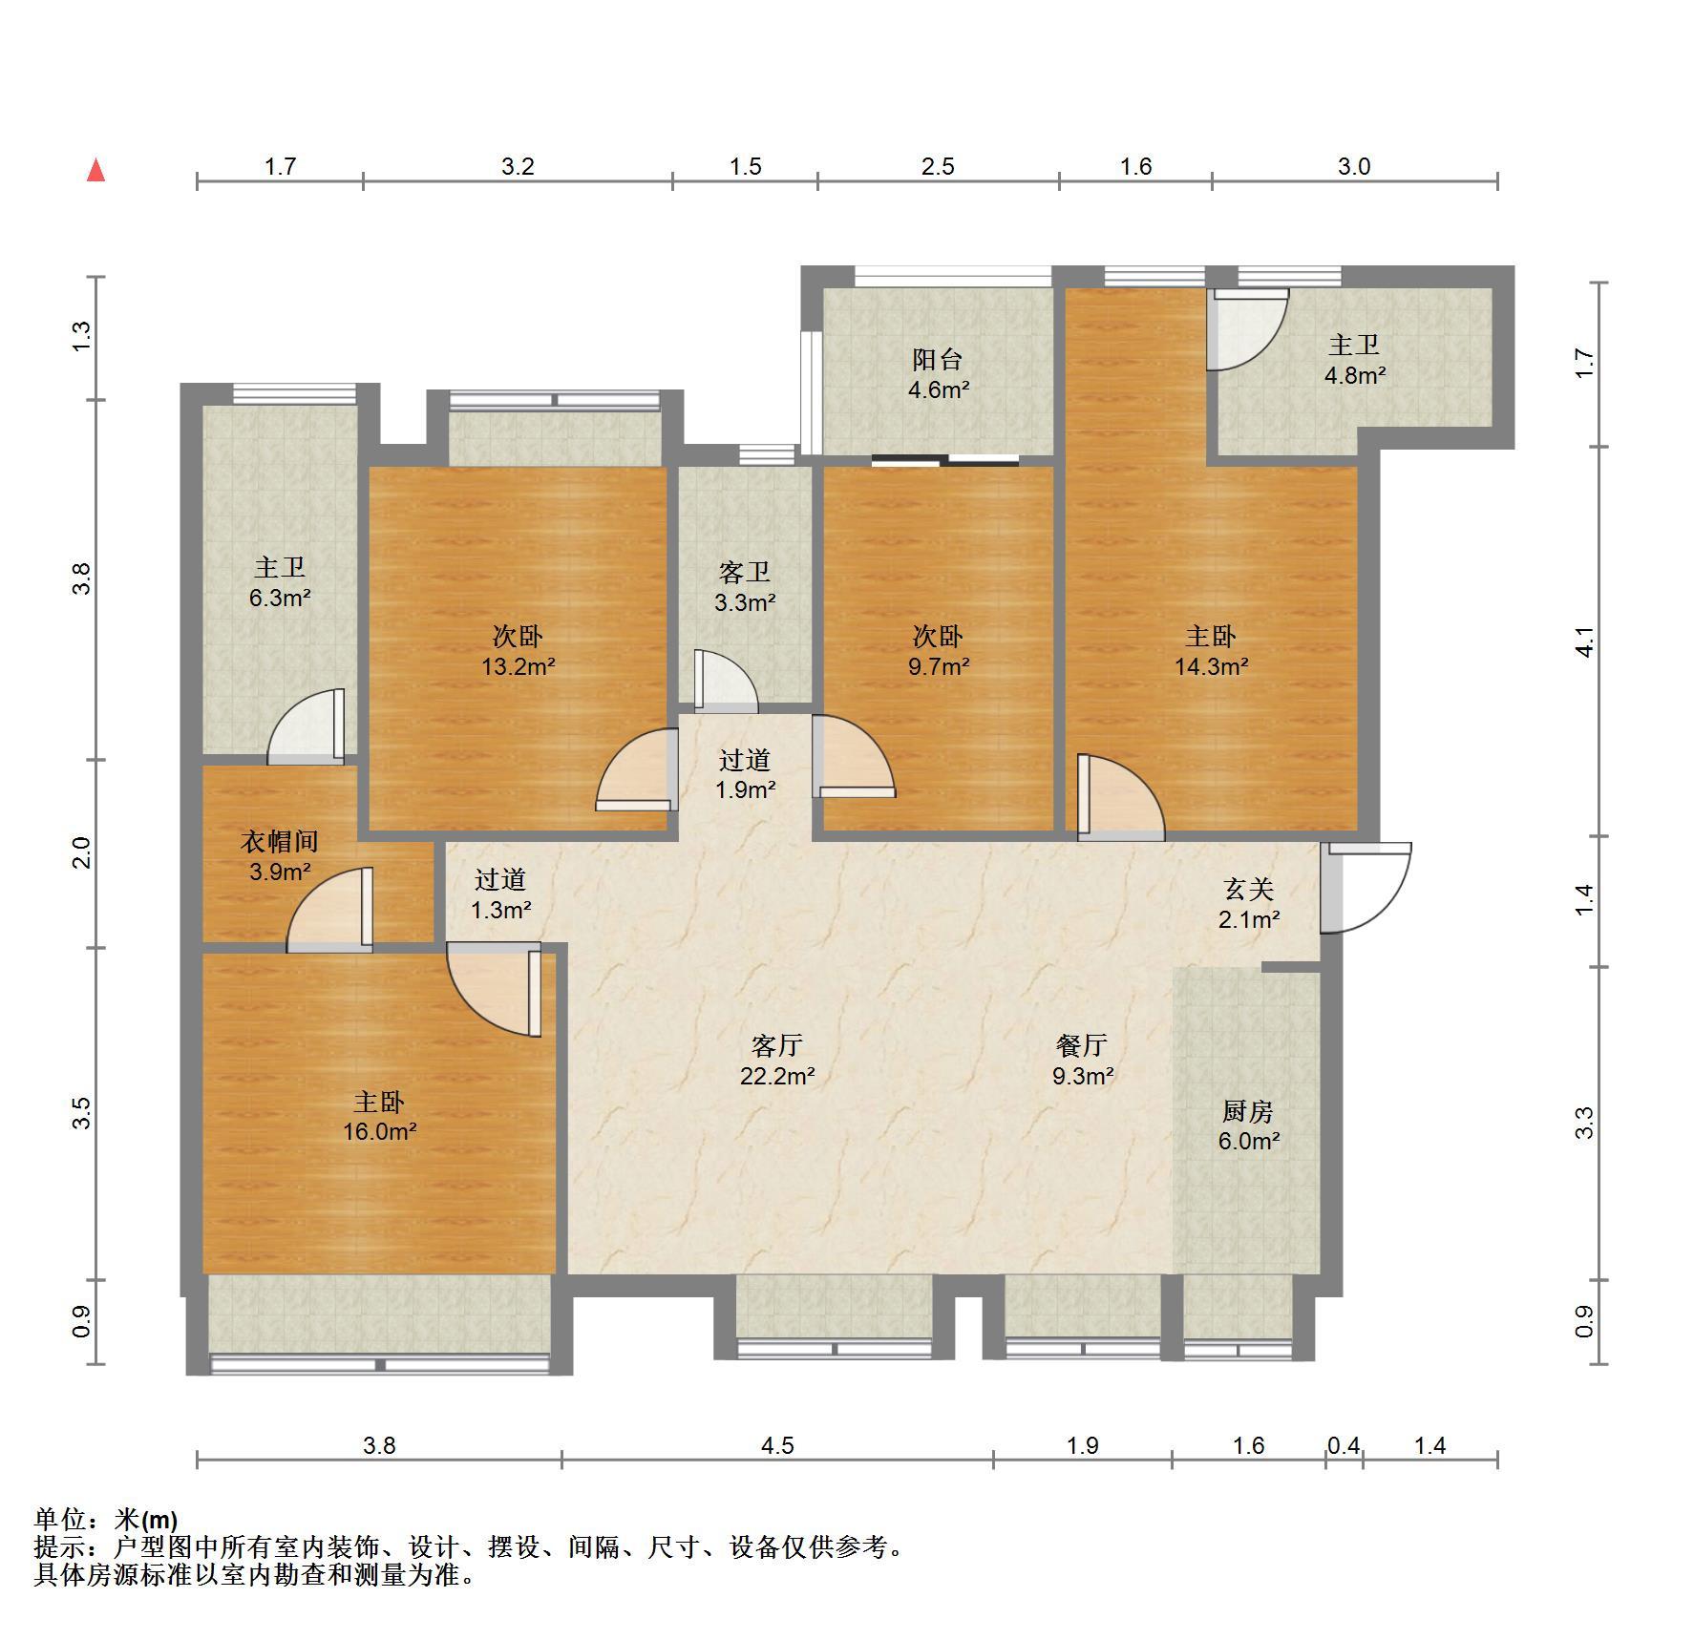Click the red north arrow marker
tap(95, 171)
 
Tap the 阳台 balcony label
tap(938, 359)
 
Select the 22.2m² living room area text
tap(777, 1076)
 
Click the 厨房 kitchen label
tap(1248, 1111)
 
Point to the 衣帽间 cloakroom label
tap(279, 841)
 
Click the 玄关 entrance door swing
tap(1366, 887)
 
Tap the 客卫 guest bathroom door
tap(726, 682)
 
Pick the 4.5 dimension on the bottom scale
tap(777, 1446)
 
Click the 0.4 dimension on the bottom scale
tap(1343, 1446)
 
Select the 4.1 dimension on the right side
tap(1585, 641)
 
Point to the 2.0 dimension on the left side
tap(82, 852)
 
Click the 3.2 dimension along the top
tap(518, 167)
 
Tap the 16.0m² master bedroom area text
tap(380, 1131)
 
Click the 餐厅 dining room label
tap(1082, 1045)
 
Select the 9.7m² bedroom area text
tap(939, 666)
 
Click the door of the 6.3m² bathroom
tap(306, 726)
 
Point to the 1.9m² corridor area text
tap(745, 790)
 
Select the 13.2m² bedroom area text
tap(518, 666)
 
